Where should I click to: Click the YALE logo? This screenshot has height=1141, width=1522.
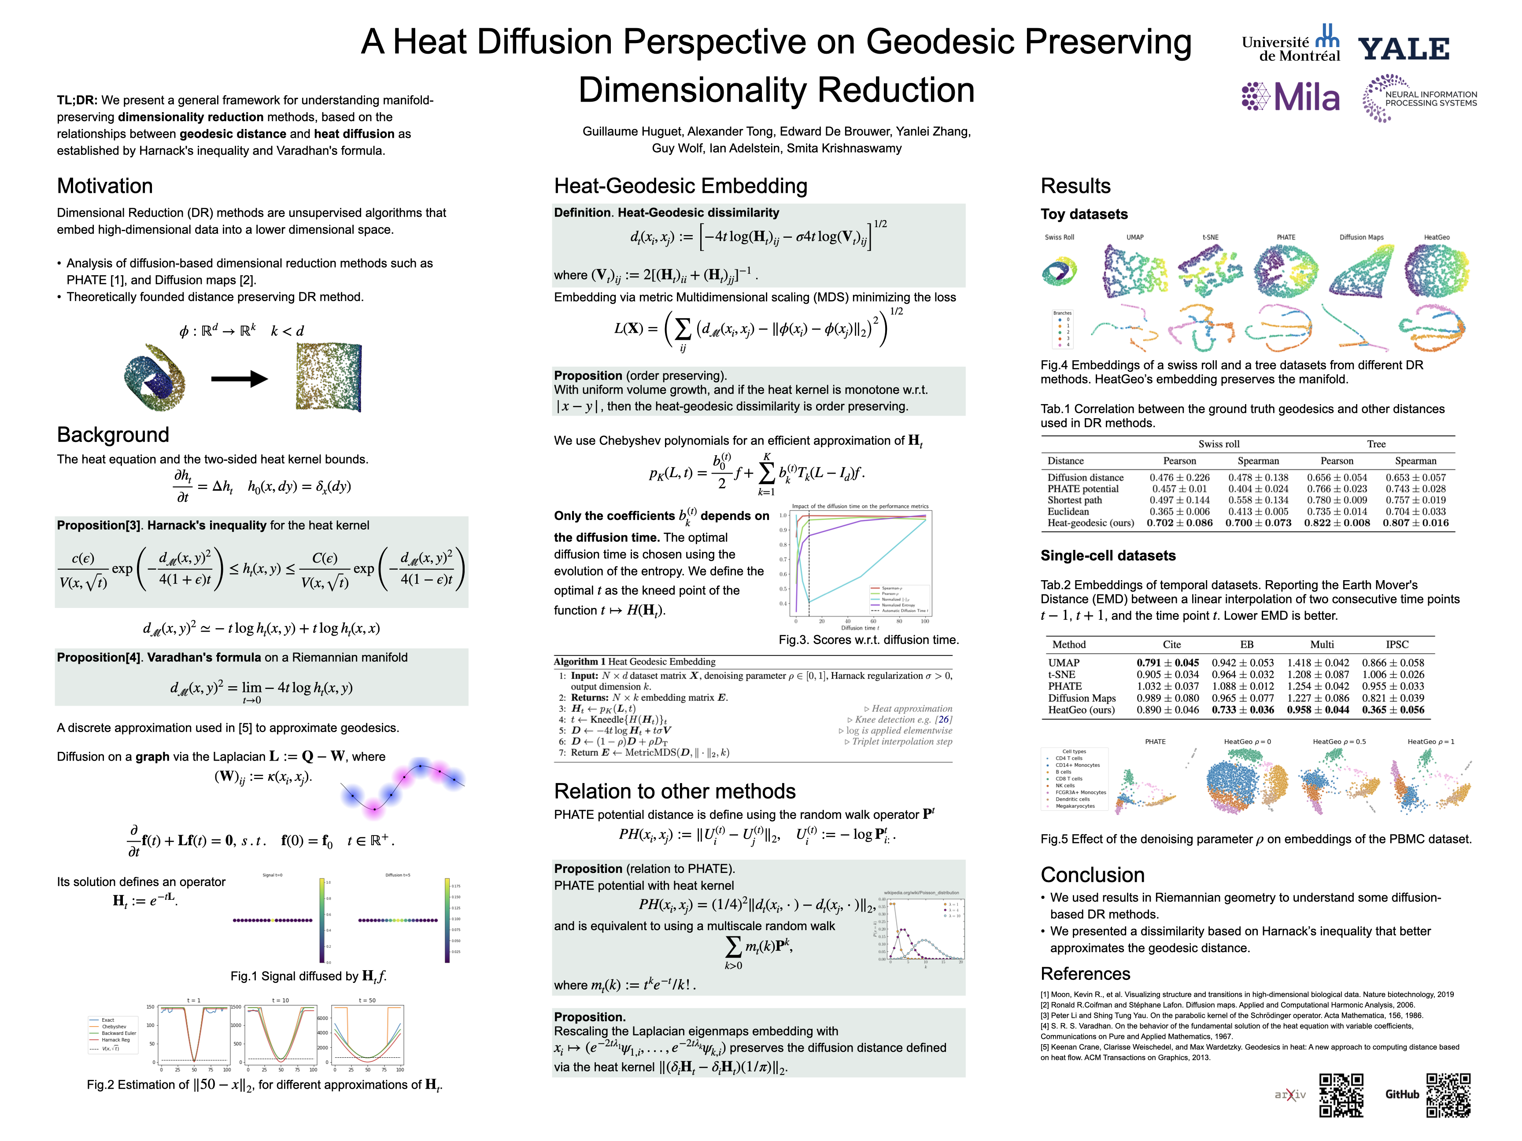[1404, 49]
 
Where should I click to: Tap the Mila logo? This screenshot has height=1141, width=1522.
[1291, 97]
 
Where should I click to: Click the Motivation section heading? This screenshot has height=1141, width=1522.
[104, 186]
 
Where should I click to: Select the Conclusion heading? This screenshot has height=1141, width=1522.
[1093, 875]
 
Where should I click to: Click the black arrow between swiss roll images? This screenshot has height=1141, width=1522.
[239, 378]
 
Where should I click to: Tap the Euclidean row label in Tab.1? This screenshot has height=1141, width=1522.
[1068, 512]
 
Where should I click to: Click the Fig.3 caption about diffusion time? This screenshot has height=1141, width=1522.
[868, 640]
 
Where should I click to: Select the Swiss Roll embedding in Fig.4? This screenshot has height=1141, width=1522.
[1059, 272]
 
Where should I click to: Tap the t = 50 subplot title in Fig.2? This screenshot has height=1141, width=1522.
[367, 1000]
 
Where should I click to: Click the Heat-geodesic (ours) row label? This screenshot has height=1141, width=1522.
[1090, 523]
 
